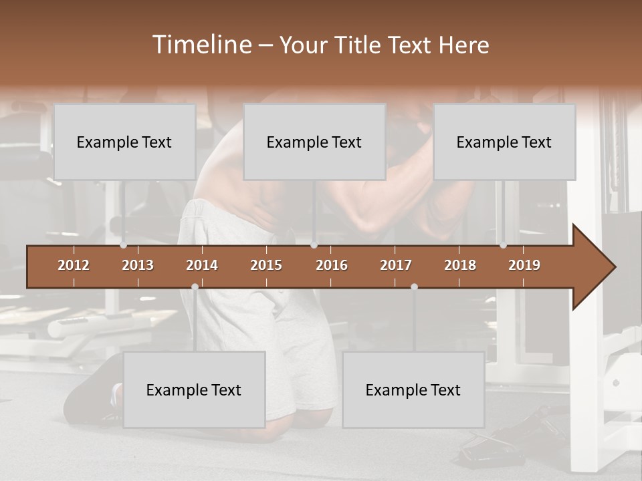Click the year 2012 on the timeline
74,265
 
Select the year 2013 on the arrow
138,265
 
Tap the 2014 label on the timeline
202,265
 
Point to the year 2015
266,265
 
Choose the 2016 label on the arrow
332,265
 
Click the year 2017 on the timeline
396,265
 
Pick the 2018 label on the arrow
460,265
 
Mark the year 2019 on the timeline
524,265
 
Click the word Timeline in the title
201,45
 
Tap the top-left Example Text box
124,142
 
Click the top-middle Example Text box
314,142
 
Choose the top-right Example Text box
504,142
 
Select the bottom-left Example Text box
194,389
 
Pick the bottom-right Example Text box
413,389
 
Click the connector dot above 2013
124,245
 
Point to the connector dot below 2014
195,287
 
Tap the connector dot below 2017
414,287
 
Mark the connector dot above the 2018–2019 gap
504,245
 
